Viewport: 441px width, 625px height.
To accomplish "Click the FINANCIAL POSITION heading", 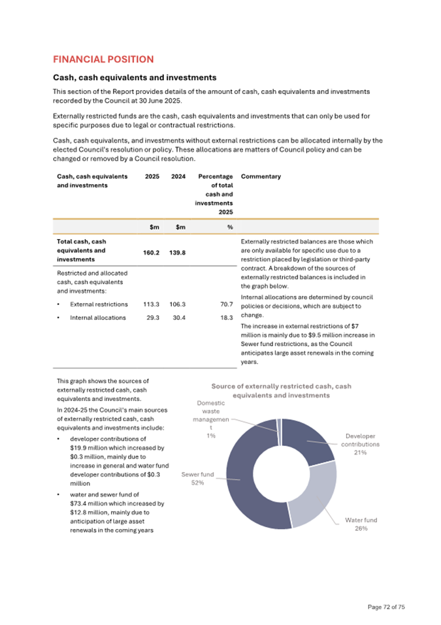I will (x=103, y=59).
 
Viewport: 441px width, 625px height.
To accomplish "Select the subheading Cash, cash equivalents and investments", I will (x=134, y=78).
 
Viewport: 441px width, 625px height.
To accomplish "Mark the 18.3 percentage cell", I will (x=227, y=317).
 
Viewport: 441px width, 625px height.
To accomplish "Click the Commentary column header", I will (x=261, y=176).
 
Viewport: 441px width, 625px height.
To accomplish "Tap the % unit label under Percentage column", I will (x=230, y=227).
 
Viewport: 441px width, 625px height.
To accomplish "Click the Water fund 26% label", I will (x=361, y=524).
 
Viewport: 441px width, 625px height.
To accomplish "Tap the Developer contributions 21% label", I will (x=360, y=444).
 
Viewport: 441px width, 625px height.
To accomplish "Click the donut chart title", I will (x=281, y=391).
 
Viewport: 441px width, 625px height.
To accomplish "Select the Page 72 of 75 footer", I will (x=387, y=607).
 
